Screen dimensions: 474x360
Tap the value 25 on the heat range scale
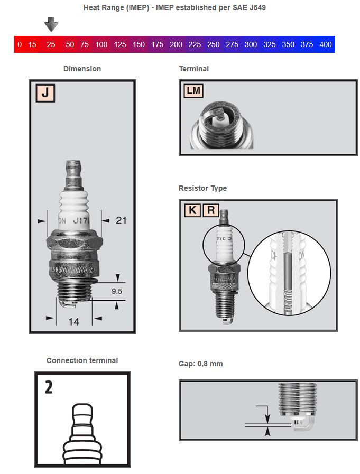[51, 44]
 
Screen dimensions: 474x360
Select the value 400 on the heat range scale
[326, 44]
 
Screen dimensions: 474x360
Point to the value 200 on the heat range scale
[176, 44]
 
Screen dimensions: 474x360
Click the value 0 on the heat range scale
[20, 44]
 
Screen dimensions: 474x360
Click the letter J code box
[45, 92]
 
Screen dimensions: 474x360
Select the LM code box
[193, 90]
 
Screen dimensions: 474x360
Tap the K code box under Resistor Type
[192, 210]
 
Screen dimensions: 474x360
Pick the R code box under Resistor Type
[210, 210]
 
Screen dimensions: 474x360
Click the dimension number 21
[121, 220]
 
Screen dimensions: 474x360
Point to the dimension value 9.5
[117, 291]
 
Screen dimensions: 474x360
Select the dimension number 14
[73, 321]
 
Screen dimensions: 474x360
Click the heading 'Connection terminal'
[82, 360]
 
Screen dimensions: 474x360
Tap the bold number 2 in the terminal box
[49, 387]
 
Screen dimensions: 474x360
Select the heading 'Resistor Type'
[202, 188]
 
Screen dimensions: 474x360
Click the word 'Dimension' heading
[82, 69]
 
